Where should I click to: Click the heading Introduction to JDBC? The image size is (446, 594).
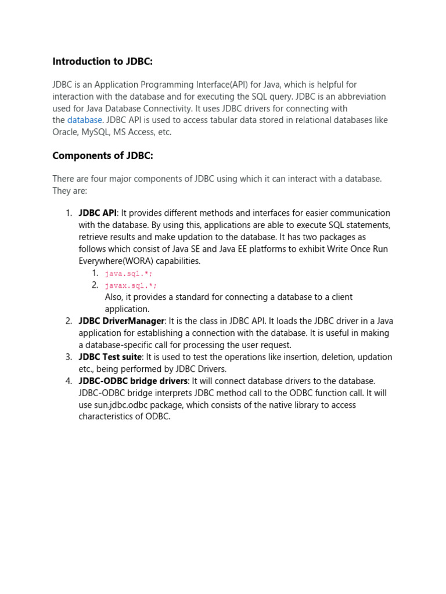coord(103,61)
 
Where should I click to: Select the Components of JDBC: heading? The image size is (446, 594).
coord(103,155)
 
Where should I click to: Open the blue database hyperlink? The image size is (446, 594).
coord(85,120)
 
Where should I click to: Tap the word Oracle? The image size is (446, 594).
coord(65,132)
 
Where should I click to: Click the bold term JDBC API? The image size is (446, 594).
coord(97,213)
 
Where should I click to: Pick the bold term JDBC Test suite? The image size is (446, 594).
coord(110,357)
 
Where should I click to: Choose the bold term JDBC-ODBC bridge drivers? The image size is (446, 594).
coord(133,381)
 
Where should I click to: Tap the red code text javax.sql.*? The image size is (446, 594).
coord(131,285)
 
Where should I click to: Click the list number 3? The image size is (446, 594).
coord(69,357)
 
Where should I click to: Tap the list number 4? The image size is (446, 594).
coord(69,381)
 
